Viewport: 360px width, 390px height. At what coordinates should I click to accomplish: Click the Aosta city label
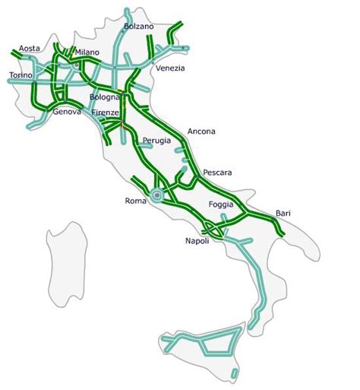point(30,48)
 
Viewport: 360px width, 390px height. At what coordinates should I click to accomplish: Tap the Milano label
point(88,52)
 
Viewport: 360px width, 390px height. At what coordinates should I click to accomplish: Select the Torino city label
point(21,75)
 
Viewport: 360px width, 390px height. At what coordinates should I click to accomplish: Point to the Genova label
point(68,112)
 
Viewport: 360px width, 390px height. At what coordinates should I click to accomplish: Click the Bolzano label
point(138,26)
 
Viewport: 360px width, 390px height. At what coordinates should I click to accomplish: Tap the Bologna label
point(104,97)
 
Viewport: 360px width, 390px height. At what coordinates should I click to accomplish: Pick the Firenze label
point(106,113)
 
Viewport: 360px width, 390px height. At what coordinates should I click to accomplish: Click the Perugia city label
point(157,141)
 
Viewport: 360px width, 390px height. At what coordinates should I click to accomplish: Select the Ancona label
point(200,131)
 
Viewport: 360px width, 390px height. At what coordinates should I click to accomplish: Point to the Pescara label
point(217,173)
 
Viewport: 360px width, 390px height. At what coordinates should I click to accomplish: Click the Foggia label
point(223,205)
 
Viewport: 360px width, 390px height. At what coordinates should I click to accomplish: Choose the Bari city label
point(283,214)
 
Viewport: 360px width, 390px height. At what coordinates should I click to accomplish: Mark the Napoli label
point(200,241)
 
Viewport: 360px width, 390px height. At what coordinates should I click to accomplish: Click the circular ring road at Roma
point(156,196)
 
